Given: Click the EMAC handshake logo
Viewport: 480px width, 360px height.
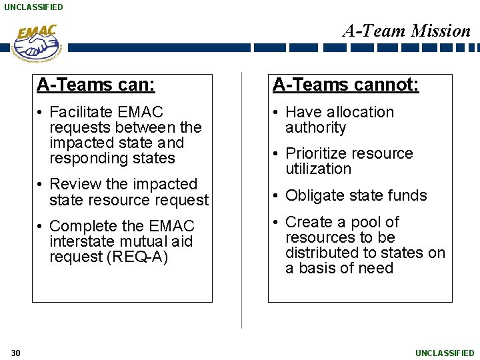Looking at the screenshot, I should [x=37, y=43].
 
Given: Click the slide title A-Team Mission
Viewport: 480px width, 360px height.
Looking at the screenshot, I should [x=407, y=31].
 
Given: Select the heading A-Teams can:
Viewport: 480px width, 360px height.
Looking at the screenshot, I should [x=96, y=85].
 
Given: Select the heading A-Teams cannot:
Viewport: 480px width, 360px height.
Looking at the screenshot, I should [x=345, y=85].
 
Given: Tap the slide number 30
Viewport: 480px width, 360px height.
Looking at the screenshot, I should [x=16, y=353].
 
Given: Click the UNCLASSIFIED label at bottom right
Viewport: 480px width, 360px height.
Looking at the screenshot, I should [x=445, y=353].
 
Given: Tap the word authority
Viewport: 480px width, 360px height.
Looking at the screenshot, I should [x=316, y=127].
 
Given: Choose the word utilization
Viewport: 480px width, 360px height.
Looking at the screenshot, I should [x=318, y=169].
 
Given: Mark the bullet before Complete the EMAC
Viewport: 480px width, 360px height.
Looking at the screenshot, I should [x=41, y=227].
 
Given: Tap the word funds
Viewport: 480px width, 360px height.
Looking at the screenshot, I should [x=408, y=195].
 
